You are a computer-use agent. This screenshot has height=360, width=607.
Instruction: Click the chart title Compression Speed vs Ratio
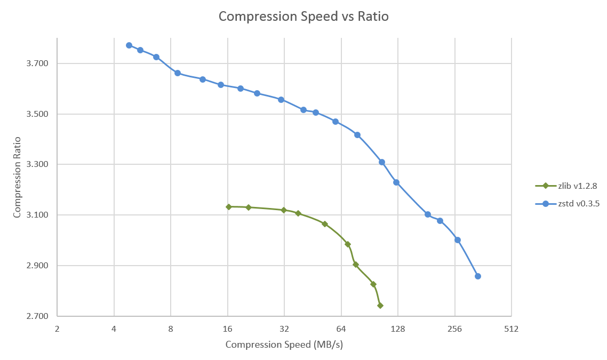click(303, 17)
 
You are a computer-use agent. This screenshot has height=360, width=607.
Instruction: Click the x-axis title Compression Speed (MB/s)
click(284, 345)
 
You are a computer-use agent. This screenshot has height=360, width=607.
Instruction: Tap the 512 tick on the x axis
click(511, 329)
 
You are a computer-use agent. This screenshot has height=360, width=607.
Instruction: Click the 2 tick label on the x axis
click(57, 329)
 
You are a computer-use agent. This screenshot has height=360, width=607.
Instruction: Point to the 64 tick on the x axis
click(341, 329)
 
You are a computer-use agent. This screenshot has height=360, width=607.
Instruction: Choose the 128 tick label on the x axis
click(397, 329)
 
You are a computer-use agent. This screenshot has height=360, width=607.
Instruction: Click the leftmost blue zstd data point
click(129, 45)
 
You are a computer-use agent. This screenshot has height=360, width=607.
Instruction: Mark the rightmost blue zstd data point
click(478, 276)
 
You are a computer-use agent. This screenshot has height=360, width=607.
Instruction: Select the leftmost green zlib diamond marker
click(229, 207)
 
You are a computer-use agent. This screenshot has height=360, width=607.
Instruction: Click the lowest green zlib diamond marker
click(380, 306)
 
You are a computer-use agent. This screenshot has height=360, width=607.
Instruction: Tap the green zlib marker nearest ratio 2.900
click(356, 265)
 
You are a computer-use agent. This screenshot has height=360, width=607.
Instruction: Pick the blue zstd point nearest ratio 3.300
click(382, 162)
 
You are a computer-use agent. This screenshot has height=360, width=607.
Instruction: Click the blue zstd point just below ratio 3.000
click(458, 240)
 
